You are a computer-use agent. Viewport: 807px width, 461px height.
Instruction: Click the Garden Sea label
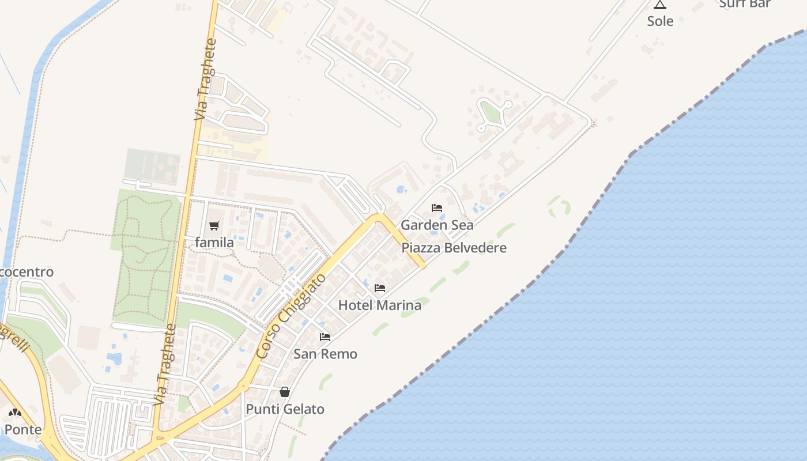tap(437, 225)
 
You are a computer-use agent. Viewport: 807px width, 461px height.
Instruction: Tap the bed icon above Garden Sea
tap(437, 208)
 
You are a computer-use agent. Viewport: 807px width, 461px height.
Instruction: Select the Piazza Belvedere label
tap(454, 248)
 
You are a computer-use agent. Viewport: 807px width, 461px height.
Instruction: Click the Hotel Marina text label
tap(379, 305)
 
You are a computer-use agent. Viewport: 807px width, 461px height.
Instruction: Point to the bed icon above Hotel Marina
tap(380, 288)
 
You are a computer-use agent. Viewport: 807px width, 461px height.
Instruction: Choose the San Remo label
tap(325, 354)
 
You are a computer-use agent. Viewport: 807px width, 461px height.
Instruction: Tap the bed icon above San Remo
tap(325, 337)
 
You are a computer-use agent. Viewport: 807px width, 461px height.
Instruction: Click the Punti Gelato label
tap(285, 409)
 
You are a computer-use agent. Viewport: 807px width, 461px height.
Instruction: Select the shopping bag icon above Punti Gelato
tap(285, 392)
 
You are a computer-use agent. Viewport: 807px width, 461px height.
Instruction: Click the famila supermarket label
tap(214, 243)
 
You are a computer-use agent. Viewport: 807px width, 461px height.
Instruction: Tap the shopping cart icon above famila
tap(214, 225)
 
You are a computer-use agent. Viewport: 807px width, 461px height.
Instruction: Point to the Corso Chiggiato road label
tap(291, 316)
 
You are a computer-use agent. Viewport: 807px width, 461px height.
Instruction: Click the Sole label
tap(660, 21)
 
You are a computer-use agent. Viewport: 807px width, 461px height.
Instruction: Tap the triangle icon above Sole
tap(660, 5)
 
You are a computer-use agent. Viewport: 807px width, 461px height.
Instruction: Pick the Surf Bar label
tap(745, 4)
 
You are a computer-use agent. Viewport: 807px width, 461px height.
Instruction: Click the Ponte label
tap(23, 430)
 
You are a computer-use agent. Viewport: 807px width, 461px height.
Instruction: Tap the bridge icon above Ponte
tap(15, 413)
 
